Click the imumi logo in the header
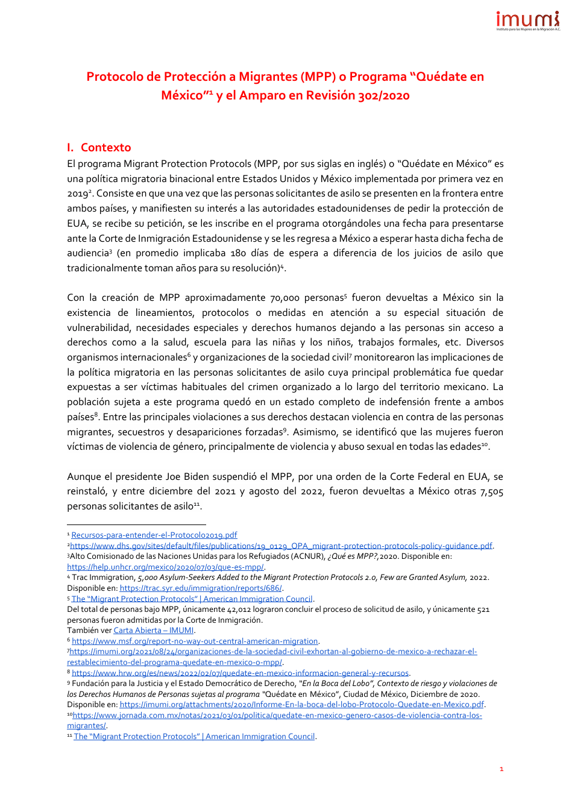527,20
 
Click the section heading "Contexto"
105,148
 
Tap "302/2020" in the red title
383,95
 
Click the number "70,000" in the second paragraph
285,298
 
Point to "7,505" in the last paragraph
491,491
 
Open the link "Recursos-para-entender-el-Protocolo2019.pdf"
154,535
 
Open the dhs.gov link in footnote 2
281,546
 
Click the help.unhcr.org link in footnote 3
165,567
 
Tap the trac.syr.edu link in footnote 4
200,588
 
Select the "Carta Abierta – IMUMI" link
153,631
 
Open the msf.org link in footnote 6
195,641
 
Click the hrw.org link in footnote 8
240,673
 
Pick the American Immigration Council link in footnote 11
194,737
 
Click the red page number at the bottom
501,769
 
